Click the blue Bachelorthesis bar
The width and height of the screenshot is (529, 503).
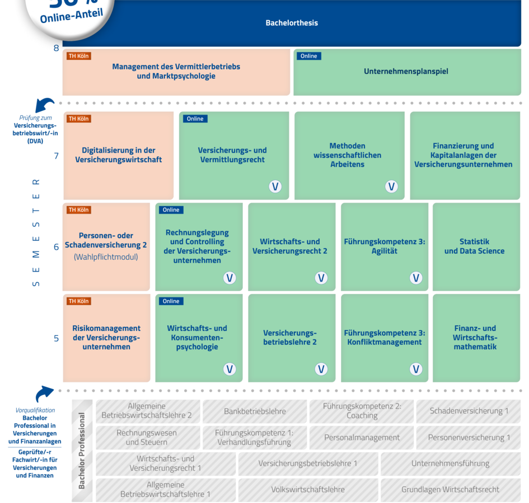pos(292,23)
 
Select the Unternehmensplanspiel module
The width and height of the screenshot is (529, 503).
pos(406,72)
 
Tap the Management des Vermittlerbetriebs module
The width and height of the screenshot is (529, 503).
pos(176,72)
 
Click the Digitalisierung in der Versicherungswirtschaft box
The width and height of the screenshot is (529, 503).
pos(118,155)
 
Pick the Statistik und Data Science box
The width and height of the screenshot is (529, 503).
pos(474,246)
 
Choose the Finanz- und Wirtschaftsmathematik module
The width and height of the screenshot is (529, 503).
pos(475,338)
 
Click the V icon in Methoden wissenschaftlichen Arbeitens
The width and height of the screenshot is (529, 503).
pos(391,187)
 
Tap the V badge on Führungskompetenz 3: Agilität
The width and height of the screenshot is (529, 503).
pos(416,278)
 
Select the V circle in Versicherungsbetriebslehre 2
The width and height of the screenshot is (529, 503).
pos(321,369)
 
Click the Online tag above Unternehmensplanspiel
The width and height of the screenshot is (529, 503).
pos(308,56)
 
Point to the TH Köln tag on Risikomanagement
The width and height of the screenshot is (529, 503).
pos(78,301)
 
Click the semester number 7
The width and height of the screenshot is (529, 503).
pos(56,155)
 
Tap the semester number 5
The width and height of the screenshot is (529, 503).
pos(56,338)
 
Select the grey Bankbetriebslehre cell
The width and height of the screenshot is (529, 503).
pos(255,411)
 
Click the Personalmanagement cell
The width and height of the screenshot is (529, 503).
pos(362,438)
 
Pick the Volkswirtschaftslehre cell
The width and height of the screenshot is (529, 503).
pos(308,490)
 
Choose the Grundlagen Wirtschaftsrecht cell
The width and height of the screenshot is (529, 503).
pos(450,490)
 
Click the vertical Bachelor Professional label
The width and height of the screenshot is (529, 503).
pos(82,450)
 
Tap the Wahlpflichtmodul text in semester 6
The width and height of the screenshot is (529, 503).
pos(106,257)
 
